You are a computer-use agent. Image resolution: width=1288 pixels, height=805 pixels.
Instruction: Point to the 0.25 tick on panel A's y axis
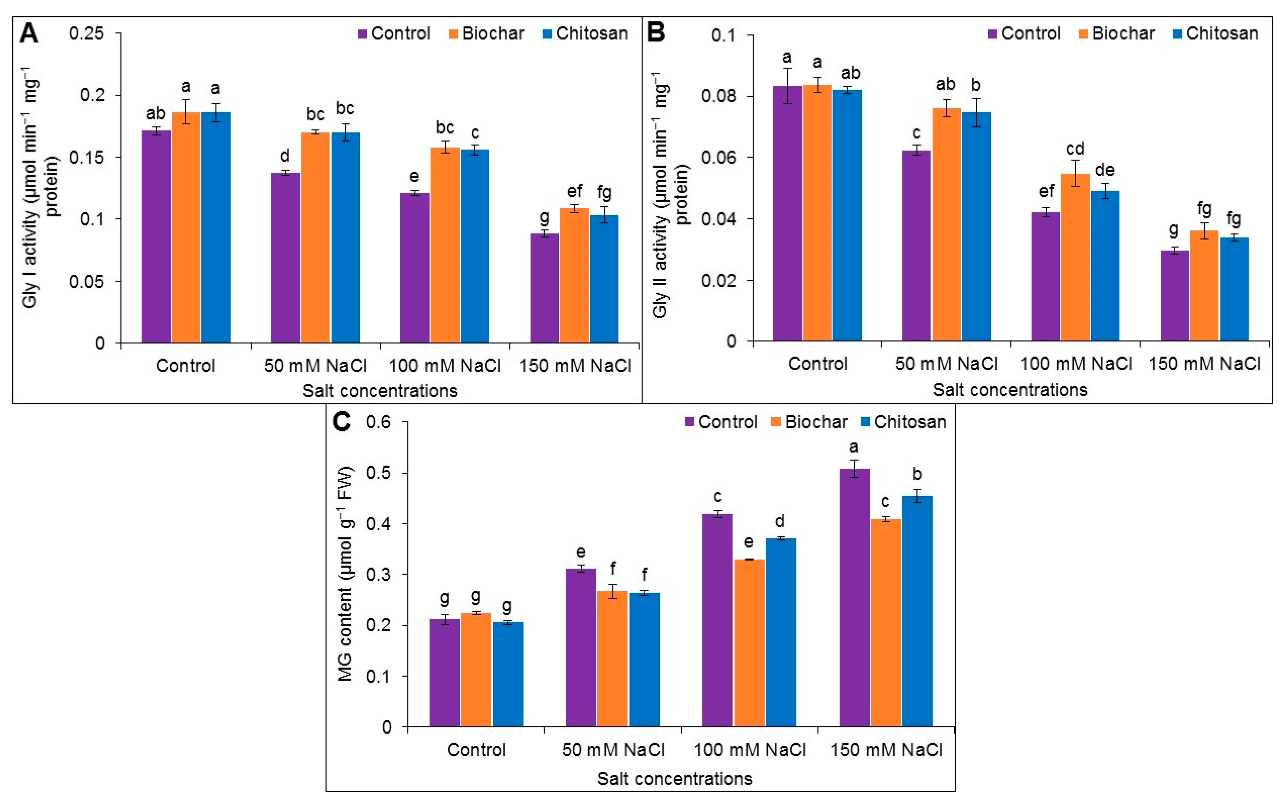point(86,33)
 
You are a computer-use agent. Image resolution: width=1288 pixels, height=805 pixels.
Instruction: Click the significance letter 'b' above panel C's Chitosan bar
point(917,473)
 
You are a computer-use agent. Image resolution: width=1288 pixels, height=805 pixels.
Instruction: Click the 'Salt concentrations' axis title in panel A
point(379,391)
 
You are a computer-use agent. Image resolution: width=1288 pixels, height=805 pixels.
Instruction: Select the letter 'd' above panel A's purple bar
point(285,156)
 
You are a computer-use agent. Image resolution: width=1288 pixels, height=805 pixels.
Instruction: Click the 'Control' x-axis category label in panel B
point(817,364)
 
